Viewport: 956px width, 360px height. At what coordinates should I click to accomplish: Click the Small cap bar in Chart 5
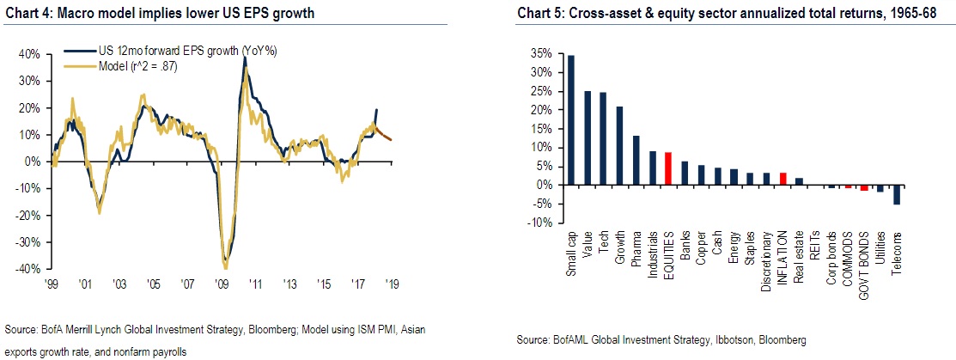tap(570, 120)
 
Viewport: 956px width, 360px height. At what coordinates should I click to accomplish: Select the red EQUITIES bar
tap(668, 168)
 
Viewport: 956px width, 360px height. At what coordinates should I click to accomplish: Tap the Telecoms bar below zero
tap(898, 195)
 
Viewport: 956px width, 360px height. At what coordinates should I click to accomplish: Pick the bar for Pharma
tap(636, 161)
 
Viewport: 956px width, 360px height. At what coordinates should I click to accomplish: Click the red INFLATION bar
tap(782, 179)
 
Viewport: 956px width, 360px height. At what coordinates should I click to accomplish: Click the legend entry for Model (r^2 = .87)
tap(124, 68)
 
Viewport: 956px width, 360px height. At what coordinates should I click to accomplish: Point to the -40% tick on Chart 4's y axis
tap(28, 269)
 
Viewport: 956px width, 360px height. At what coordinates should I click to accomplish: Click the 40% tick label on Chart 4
tap(29, 53)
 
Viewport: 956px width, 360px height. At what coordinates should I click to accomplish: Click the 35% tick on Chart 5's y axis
tap(539, 53)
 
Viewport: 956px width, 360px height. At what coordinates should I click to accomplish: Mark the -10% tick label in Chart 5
tap(539, 223)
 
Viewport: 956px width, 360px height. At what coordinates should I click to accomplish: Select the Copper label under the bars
tap(701, 245)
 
